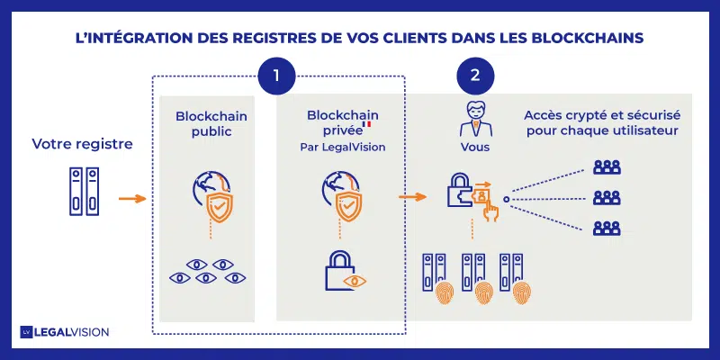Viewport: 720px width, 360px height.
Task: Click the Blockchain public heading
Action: [x=211, y=124]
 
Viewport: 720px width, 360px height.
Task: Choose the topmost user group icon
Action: [x=607, y=167]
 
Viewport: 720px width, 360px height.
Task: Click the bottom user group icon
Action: [x=607, y=227]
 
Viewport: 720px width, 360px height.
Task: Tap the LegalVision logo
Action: [x=65, y=332]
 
